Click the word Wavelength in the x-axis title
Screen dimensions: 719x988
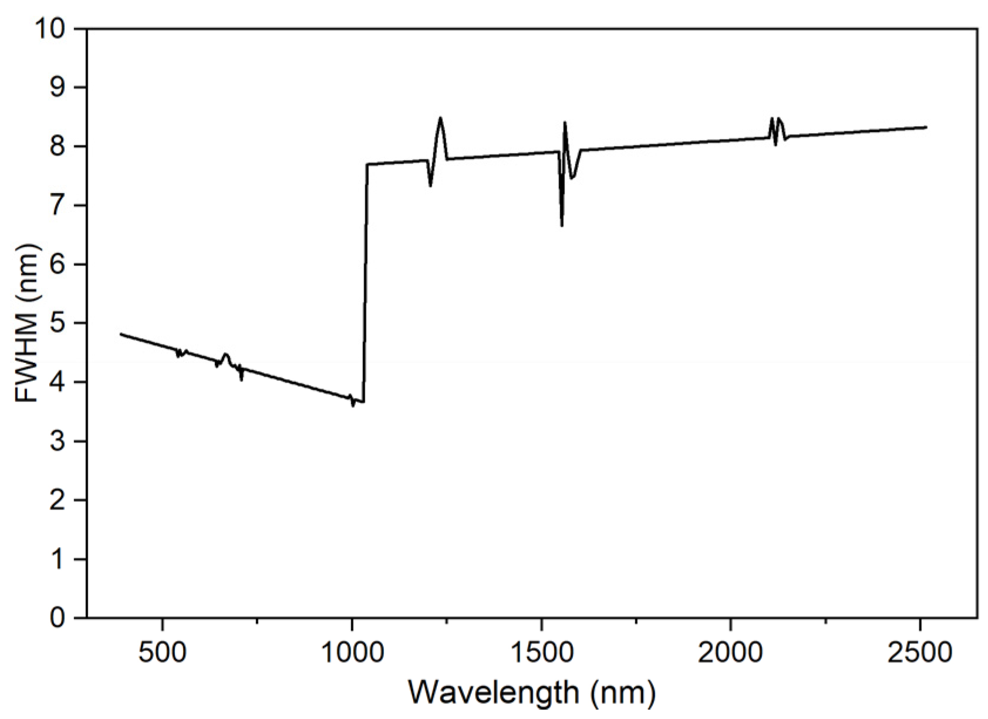[494, 693]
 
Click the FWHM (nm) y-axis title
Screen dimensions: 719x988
[26, 323]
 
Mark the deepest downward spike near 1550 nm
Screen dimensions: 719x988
[562, 225]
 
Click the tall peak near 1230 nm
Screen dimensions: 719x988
[440, 119]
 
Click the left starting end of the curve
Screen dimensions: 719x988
[121, 334]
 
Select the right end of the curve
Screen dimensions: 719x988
[926, 127]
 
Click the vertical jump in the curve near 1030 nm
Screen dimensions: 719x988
[366, 282]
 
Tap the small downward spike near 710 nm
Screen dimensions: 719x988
[241, 379]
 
